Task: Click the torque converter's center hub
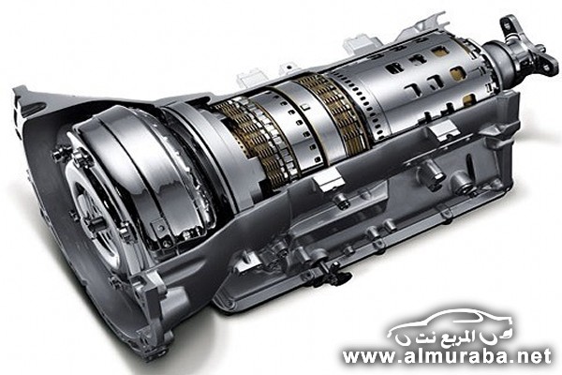[93, 216]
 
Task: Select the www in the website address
[362, 356]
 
